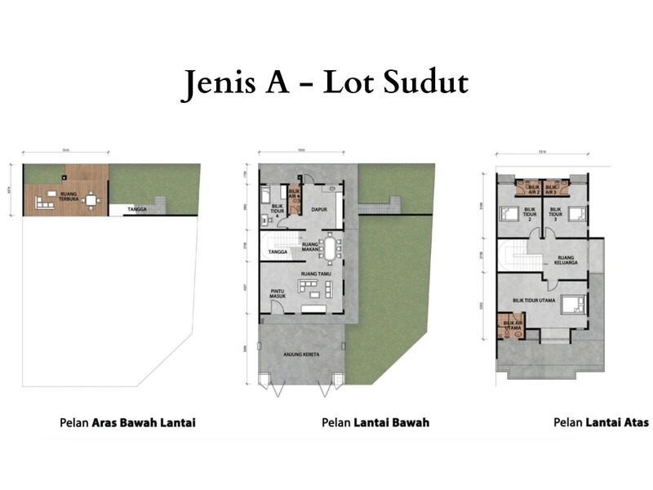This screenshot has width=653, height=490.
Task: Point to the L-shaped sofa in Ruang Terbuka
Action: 42,199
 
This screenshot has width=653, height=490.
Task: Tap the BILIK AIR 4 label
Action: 295,196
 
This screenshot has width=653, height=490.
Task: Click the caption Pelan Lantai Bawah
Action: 375,422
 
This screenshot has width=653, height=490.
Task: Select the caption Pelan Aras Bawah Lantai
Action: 127,422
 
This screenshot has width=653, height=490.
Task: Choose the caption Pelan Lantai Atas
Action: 601,422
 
